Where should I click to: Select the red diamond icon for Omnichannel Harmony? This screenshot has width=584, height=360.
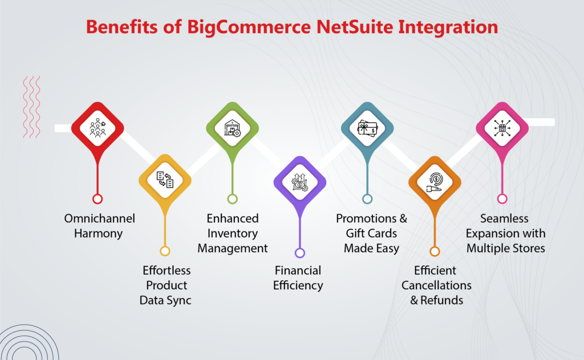click(98, 128)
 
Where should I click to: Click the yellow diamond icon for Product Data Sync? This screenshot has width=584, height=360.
click(165, 180)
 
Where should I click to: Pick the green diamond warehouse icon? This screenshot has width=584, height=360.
click(232, 128)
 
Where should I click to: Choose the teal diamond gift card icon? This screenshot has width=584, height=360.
click(367, 128)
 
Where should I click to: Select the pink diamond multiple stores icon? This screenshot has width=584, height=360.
click(502, 128)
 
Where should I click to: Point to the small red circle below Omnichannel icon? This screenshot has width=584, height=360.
click(98, 199)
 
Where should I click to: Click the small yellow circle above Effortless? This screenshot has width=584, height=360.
click(165, 251)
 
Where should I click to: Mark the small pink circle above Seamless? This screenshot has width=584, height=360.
click(502, 199)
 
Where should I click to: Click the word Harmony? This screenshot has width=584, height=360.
click(98, 233)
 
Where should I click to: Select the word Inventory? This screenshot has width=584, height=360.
click(232, 233)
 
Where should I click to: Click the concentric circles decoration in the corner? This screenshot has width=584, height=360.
click(17, 345)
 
